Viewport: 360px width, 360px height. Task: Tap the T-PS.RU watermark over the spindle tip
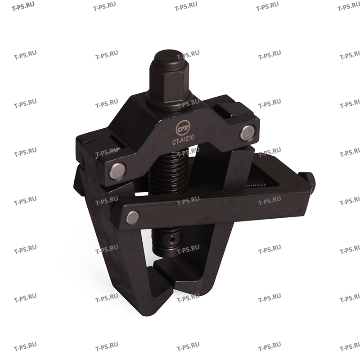point(189,248)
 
